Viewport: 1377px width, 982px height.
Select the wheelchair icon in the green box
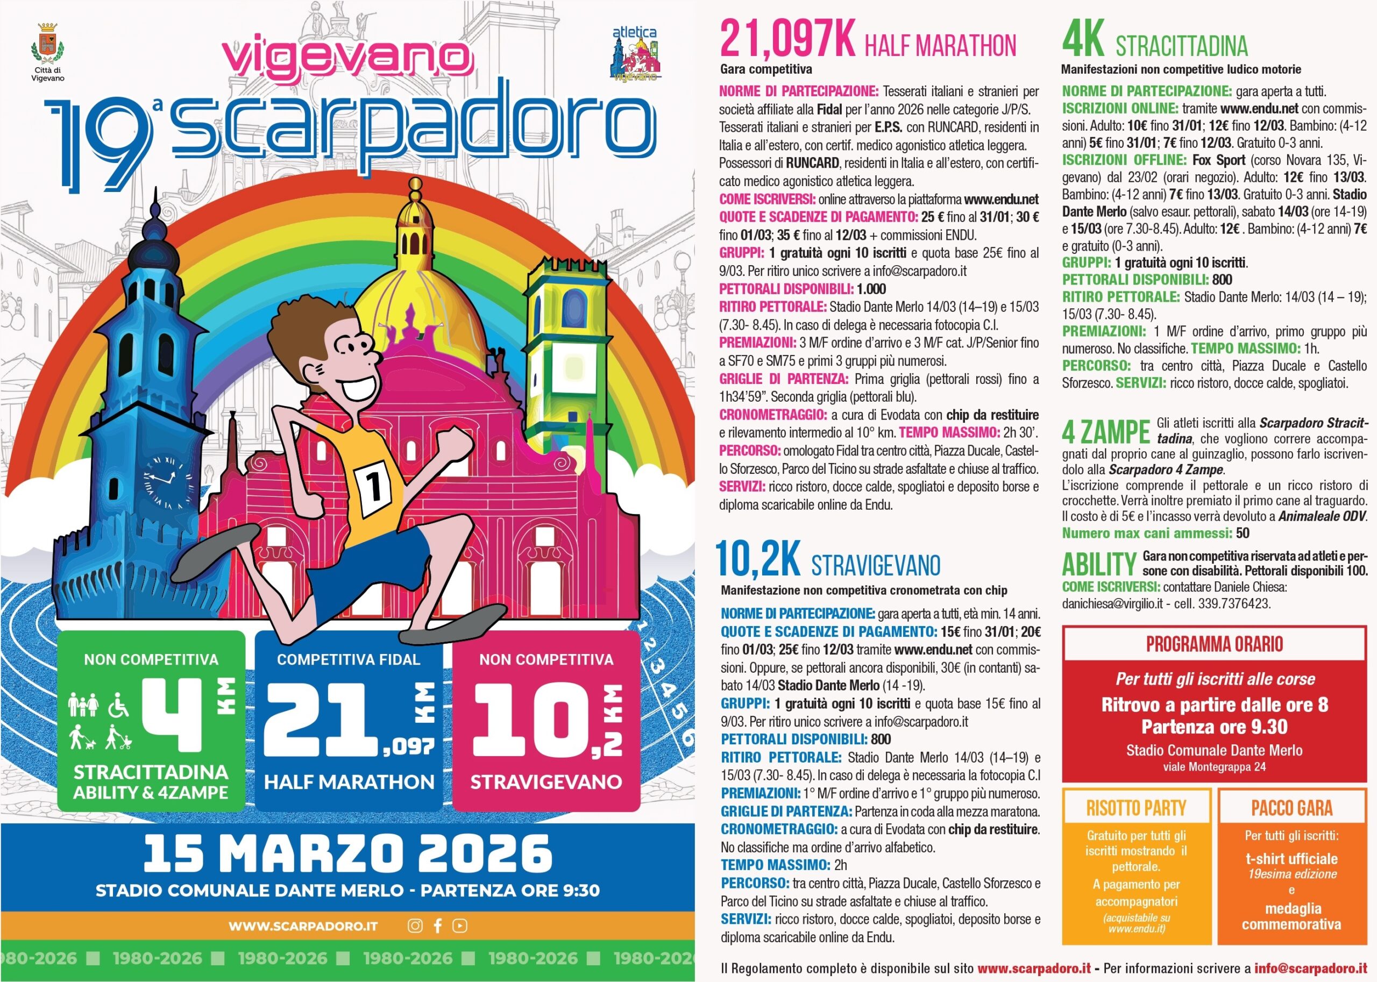click(118, 704)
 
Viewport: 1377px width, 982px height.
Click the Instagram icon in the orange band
click(415, 926)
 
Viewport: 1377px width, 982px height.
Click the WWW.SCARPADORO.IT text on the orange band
click(303, 927)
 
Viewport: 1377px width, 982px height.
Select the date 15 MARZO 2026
click(347, 853)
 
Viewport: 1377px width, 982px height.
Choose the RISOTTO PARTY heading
click(1137, 808)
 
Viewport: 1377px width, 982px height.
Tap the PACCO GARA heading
click(1291, 808)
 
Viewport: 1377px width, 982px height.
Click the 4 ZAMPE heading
click(1105, 432)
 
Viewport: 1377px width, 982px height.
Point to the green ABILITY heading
click(1099, 565)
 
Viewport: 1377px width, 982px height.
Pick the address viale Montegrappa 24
click(1215, 767)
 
